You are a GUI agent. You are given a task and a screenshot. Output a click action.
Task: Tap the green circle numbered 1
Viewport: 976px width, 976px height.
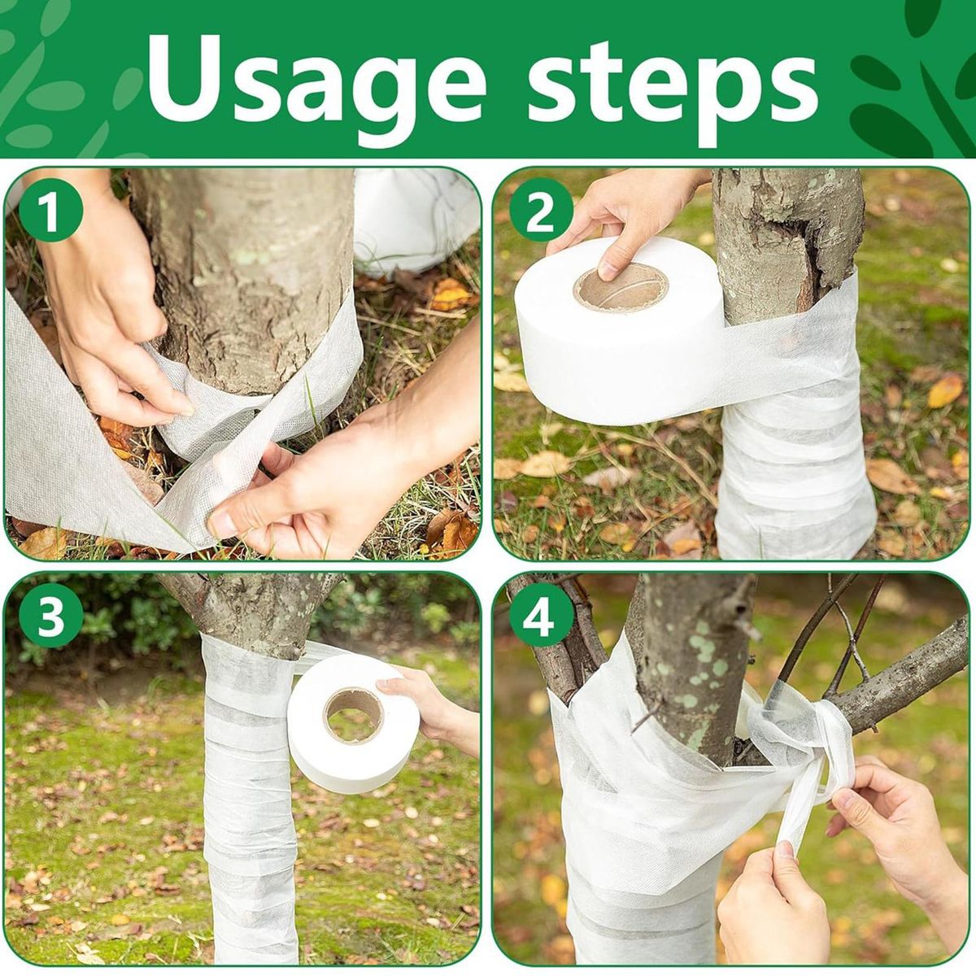(50, 214)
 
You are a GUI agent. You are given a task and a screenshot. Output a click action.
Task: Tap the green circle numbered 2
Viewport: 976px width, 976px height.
(541, 214)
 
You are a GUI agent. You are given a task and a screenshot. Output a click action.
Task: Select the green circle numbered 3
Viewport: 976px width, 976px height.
(50, 619)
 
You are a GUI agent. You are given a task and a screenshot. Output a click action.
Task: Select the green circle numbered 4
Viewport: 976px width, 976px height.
(541, 619)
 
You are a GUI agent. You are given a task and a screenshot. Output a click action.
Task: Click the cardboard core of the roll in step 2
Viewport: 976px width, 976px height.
(620, 288)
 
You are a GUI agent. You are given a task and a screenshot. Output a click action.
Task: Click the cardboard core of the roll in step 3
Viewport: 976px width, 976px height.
(354, 715)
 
